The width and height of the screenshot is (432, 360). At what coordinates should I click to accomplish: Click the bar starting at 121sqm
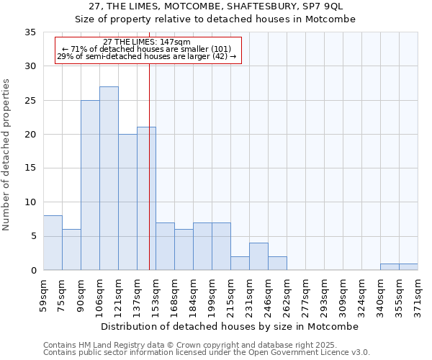coord(127,202)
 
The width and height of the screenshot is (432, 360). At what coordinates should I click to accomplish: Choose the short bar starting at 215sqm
coord(240,264)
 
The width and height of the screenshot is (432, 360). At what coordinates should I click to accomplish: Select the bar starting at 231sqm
coord(258,256)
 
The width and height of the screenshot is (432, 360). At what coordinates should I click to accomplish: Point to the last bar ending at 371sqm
coord(408,267)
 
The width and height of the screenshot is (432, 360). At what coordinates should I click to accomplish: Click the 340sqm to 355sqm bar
coord(390,267)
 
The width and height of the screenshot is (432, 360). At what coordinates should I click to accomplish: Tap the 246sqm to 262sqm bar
coord(277,264)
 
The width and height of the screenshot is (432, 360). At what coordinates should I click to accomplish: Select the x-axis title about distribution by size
coord(230,326)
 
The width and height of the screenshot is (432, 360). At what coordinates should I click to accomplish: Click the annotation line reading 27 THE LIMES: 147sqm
coord(147,42)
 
